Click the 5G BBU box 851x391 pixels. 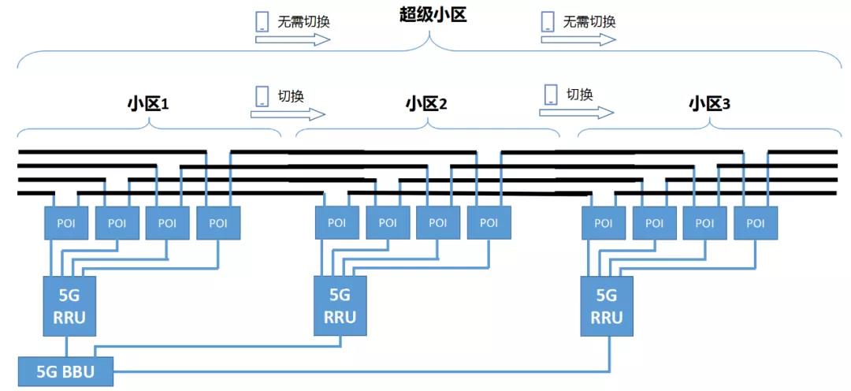(x=65, y=371)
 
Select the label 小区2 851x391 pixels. (x=426, y=103)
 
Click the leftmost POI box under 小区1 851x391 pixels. (x=66, y=223)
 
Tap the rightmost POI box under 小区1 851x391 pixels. (x=218, y=223)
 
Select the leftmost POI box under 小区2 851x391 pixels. (x=336, y=223)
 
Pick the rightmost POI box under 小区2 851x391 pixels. (x=489, y=223)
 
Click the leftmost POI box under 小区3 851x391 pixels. (x=604, y=223)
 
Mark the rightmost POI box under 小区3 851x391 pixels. (x=756, y=223)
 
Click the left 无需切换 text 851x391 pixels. (x=303, y=21)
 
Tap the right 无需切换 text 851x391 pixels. (x=589, y=21)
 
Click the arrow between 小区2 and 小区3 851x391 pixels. (x=565, y=113)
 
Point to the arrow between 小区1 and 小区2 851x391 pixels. (x=276, y=114)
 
